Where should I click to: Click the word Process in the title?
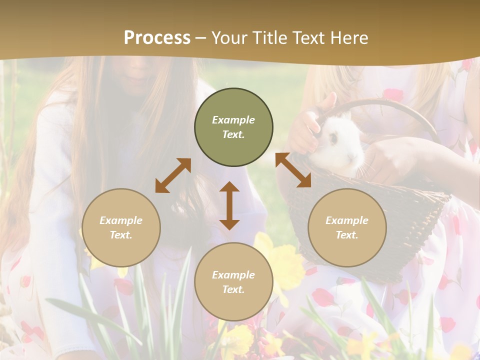coord(157,37)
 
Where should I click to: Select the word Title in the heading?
coord(269,37)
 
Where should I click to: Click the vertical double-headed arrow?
coord(229,205)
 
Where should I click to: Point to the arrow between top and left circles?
coord(173,175)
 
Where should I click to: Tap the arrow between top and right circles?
coord(293,170)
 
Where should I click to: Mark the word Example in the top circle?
coord(233,120)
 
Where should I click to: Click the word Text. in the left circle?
coord(121,235)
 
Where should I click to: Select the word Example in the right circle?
coord(347,220)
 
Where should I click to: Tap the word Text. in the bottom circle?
coord(233,289)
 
